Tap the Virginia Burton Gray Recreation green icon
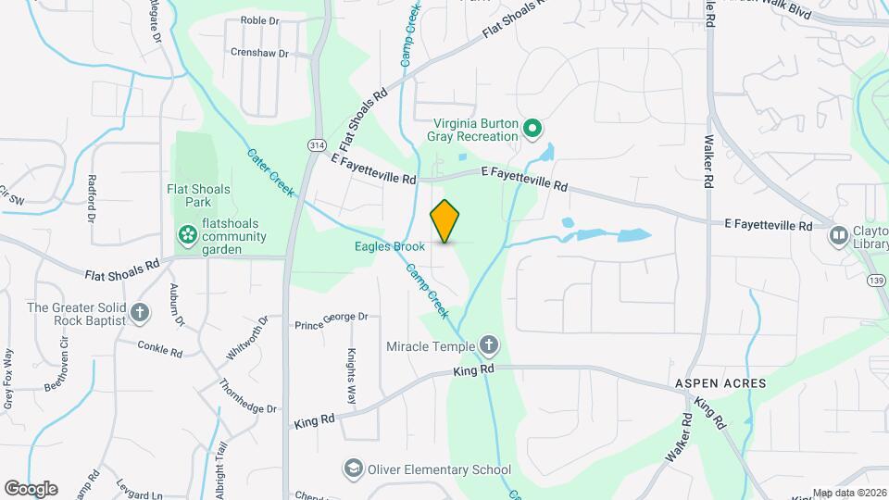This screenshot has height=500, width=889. (x=532, y=128)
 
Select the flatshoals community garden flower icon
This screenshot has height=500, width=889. (x=188, y=234)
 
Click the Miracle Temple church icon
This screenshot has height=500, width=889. (x=489, y=346)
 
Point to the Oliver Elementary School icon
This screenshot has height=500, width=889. (x=353, y=469)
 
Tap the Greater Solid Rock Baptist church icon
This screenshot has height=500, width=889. (x=140, y=312)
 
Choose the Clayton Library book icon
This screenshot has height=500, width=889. (x=839, y=235)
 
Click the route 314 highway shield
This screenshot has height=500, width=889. (x=317, y=145)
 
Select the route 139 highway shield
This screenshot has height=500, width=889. (x=874, y=279)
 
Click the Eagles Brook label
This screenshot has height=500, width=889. (x=389, y=246)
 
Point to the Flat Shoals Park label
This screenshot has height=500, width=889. (x=198, y=195)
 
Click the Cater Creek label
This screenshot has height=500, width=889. (x=270, y=172)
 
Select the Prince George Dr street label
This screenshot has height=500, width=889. (x=332, y=320)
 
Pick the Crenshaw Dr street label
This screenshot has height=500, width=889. (x=259, y=53)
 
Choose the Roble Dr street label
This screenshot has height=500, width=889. (x=260, y=19)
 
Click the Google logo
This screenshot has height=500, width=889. (x=31, y=488)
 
